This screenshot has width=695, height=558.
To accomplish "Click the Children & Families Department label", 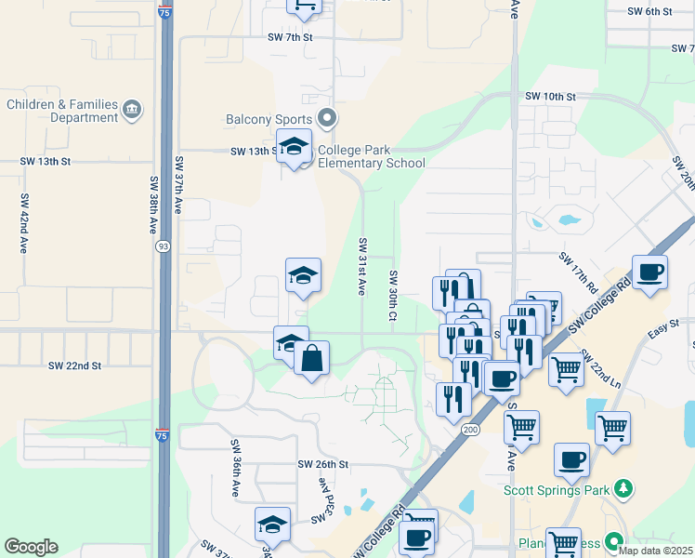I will point(62,112).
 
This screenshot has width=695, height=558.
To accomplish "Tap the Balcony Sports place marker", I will point(326,119).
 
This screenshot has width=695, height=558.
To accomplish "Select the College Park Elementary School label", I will point(372,156).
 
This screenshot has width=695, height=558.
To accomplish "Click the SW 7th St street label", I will point(291,37).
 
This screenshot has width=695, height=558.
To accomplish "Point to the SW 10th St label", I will point(550,97).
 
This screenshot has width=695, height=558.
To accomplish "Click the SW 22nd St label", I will point(74,366).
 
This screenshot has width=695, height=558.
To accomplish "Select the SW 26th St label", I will point(322,464).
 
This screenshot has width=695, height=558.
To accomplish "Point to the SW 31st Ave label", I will point(362,266).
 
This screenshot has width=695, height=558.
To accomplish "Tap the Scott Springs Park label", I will point(557,489).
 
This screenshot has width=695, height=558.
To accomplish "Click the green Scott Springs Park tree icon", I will point(625,488).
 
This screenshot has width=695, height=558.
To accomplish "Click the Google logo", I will point(31,547).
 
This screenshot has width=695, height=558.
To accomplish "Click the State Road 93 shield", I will point(163,246).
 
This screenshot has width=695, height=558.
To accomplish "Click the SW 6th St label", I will point(649,11).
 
